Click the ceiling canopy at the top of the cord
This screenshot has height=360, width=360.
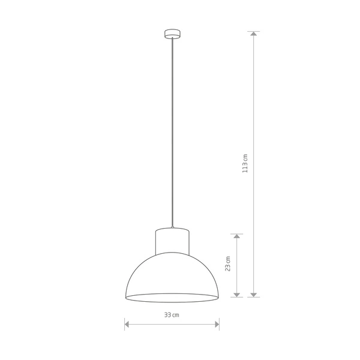coord(172,34)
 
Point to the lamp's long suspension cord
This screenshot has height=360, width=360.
coord(172,132)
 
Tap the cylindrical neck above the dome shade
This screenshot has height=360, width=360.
coord(172,242)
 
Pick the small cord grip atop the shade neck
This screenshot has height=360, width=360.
coord(172,227)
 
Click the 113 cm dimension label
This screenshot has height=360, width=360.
coord(245,163)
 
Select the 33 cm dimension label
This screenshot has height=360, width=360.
coord(172,315)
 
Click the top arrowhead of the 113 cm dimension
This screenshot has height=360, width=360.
coord(254,35)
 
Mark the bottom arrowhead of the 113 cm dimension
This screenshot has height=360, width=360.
coord(254,293)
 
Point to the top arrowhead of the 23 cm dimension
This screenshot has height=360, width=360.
coord(238,237)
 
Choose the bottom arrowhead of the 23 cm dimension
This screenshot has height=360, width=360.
coord(238,293)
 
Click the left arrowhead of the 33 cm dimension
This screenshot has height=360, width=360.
coord(127,325)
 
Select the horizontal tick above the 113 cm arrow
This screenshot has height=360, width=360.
coord(254,31)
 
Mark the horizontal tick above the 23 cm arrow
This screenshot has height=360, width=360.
coord(238,233)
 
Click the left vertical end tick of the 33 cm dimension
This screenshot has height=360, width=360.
coord(124,324)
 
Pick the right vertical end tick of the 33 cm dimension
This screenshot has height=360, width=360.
coord(219,324)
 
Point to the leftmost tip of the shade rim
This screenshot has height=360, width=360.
coord(125,298)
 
